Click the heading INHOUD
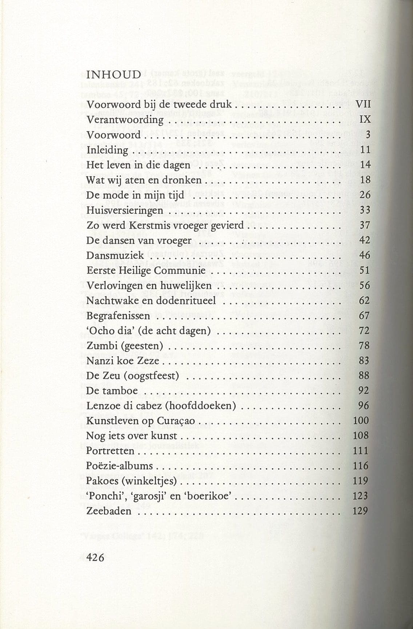point(113,75)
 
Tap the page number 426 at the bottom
point(95,557)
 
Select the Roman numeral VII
point(363,104)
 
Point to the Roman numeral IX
point(365,119)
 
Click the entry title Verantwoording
point(125,120)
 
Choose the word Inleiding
point(107,150)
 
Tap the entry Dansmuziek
point(115,256)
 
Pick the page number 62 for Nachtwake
point(364,301)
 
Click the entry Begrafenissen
point(118,316)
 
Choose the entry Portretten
point(110,451)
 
